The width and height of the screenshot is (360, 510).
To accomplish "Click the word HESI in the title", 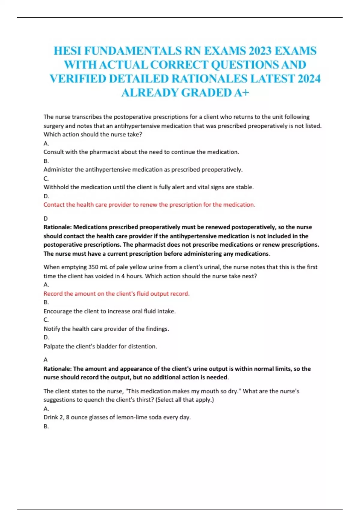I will [x=67, y=51].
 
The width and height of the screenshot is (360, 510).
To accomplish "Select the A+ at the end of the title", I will [x=241, y=93].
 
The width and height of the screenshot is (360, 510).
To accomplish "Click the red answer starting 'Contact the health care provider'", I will [x=149, y=205].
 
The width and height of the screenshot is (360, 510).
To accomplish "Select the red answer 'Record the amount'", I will [x=116, y=294].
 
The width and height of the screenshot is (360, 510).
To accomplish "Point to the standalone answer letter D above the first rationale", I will [x=46, y=218].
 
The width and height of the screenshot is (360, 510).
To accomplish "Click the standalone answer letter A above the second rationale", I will [x=46, y=359].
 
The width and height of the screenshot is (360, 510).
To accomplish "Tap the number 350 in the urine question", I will [x=93, y=267].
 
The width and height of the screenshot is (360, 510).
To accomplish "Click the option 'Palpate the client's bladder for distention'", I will [x=100, y=346].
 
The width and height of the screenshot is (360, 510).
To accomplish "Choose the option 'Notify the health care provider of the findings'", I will [x=106, y=329].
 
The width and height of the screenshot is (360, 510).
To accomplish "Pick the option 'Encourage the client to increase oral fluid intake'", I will [x=109, y=311].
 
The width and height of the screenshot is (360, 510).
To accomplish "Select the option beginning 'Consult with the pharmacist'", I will [x=141, y=152].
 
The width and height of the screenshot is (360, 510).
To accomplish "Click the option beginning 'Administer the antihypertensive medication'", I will [x=143, y=169].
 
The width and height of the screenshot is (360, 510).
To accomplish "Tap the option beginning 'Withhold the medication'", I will [x=148, y=187].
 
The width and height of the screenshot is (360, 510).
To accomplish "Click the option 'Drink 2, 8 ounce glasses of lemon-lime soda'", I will [x=117, y=417].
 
